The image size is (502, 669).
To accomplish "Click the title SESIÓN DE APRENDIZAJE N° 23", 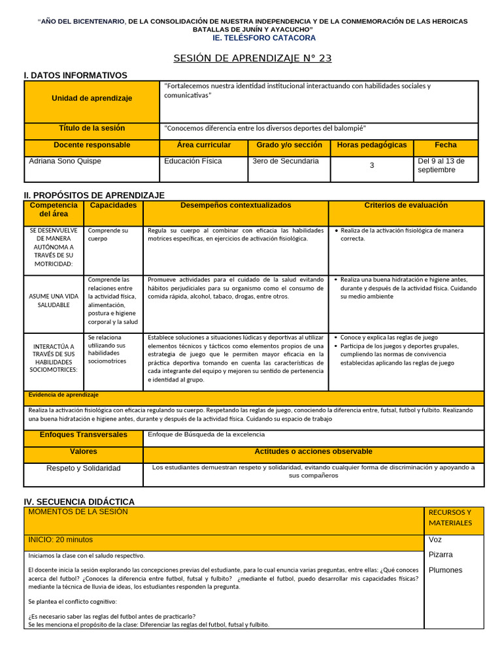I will point(252,58).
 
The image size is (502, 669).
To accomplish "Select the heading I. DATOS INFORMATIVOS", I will point(75,76).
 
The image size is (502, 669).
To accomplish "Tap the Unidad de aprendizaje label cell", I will point(92,98).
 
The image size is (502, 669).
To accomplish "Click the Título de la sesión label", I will point(92,128).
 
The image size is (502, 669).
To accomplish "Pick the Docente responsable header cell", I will point(92,145).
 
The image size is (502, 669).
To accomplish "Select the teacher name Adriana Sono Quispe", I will point(65,161).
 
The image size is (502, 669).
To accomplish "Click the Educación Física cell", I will point(193,161).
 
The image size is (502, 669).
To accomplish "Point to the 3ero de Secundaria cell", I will point(286,161).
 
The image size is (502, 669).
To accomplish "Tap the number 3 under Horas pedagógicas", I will point(372,166).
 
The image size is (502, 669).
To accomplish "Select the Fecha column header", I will point(446,145).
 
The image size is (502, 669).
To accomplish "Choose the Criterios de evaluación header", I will point(406,205).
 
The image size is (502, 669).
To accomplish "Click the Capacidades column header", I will point(113,205).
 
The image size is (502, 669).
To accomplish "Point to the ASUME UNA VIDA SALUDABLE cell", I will point(54,301).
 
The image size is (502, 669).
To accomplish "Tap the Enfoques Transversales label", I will point(83,434).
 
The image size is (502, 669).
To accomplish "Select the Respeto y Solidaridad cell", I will point(83,468).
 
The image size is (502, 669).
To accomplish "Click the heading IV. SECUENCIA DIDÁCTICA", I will point(79,502).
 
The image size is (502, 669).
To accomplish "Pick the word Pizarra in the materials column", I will point(441,555).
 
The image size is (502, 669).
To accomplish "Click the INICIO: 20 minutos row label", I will point(60,540).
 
